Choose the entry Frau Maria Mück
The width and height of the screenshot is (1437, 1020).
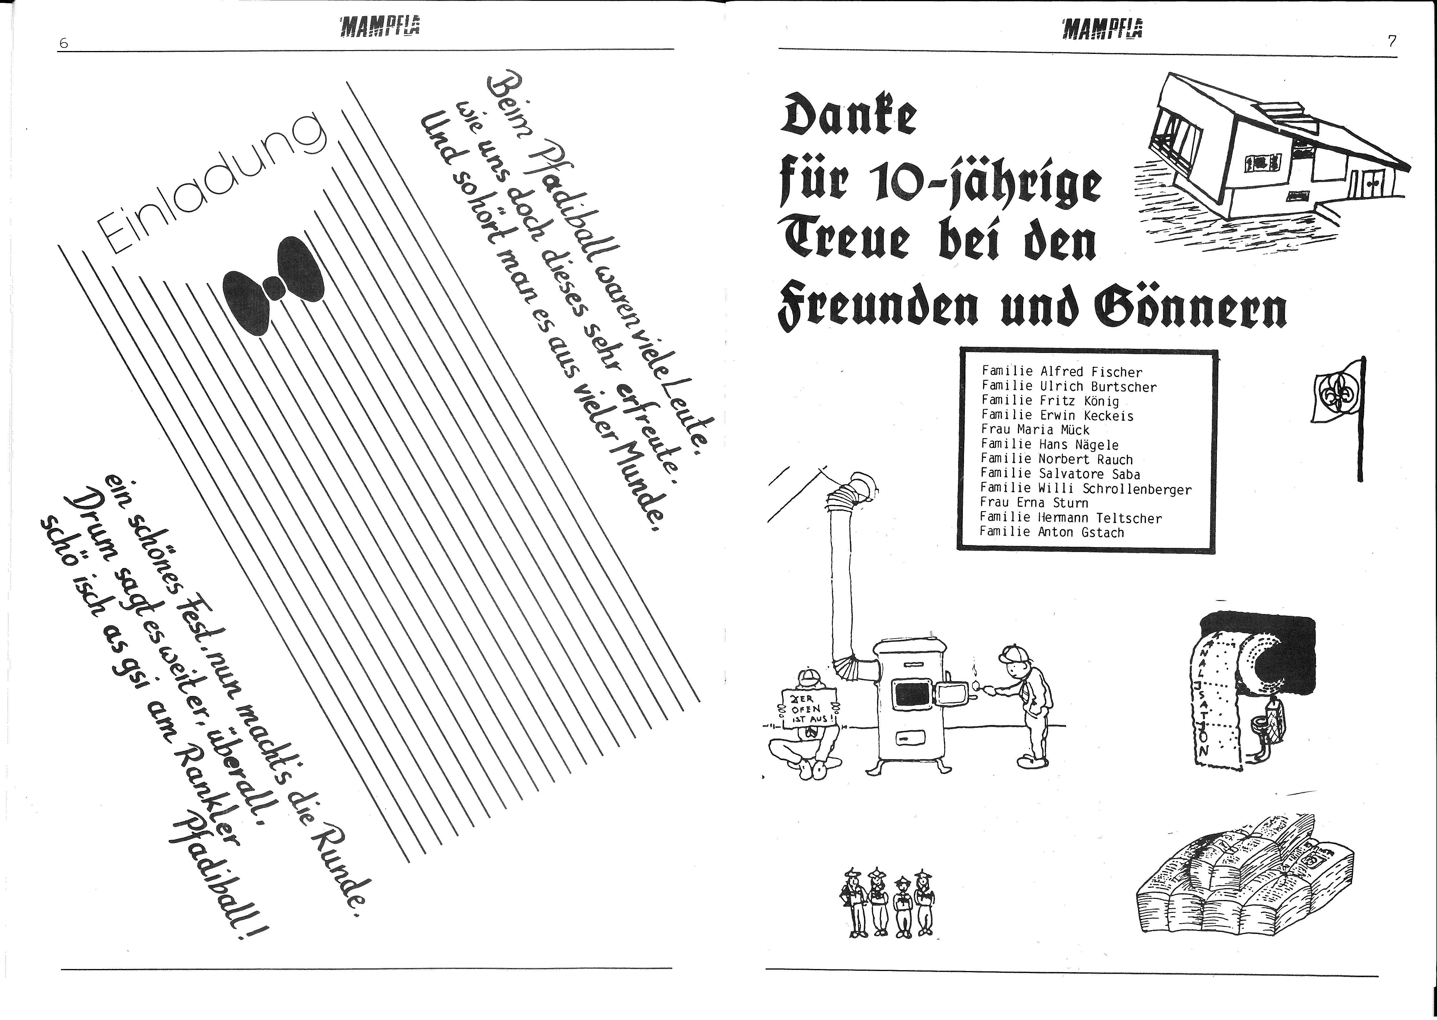1035,430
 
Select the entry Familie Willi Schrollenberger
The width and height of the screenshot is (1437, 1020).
1085,489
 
